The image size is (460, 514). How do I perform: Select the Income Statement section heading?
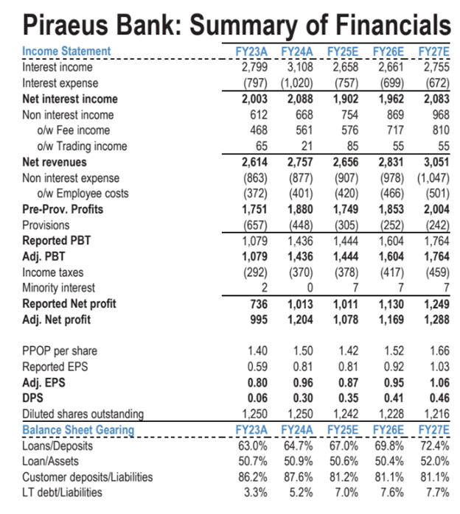pos(66,51)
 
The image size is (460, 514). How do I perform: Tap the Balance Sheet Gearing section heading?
pos(78,430)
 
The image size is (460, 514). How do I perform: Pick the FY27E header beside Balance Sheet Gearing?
pos(434,430)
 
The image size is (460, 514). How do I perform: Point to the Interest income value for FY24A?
pos(299,67)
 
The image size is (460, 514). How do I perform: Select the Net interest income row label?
pos(70,99)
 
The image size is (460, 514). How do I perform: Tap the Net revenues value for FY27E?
pos(434,162)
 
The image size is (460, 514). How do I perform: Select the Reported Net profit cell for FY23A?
pos(255,304)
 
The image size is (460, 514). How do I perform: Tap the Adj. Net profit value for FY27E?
pos(434,320)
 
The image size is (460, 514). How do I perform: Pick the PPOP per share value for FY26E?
pos(393,351)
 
